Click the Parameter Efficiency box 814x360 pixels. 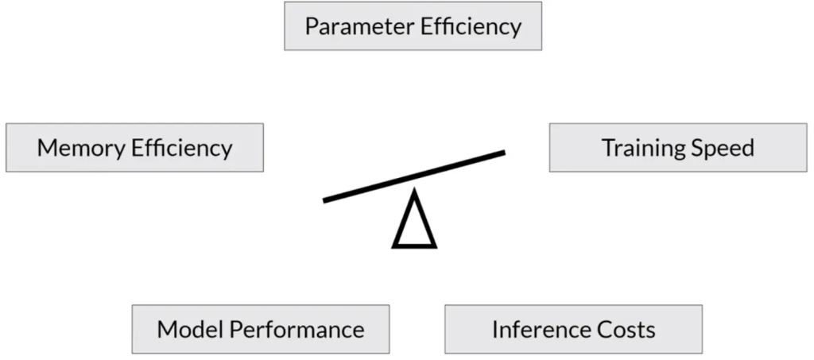pos(413,26)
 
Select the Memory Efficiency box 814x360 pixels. pos(134,148)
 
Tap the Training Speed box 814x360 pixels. pos(677,148)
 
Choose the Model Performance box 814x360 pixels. pos(261,329)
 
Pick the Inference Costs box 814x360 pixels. pos(573,329)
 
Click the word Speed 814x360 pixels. pos(722,149)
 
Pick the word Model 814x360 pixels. pos(184,329)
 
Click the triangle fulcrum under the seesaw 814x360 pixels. pos(414,223)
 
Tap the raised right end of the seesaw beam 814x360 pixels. pos(502,153)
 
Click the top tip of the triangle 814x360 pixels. pos(414,193)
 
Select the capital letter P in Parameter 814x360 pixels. pos(312,26)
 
